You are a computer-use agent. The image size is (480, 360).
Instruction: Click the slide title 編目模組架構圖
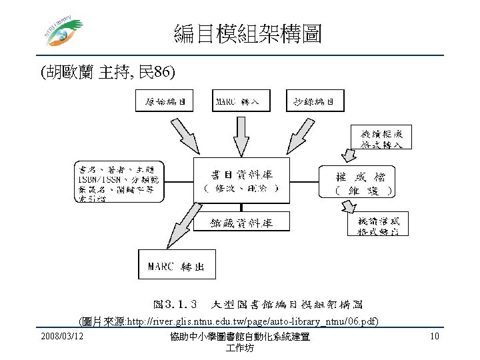247,32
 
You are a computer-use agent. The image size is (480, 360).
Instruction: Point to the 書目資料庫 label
242,174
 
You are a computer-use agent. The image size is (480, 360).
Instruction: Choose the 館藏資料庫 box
242,221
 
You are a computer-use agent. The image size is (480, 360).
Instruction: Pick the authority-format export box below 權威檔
379,225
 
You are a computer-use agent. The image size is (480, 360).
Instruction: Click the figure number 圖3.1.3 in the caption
174,305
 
